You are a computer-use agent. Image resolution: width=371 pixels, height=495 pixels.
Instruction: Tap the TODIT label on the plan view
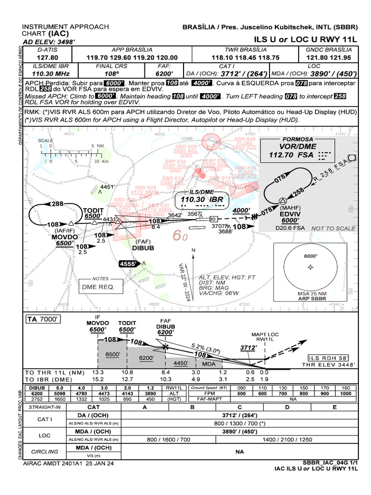click(x=93, y=210)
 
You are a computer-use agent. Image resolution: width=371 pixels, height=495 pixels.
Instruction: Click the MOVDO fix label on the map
click(x=64, y=237)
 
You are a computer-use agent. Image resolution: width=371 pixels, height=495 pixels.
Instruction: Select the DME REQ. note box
click(x=98, y=287)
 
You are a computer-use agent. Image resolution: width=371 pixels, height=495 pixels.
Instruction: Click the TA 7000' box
click(x=43, y=320)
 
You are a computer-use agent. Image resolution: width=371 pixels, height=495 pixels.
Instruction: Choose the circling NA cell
click(x=238, y=451)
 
